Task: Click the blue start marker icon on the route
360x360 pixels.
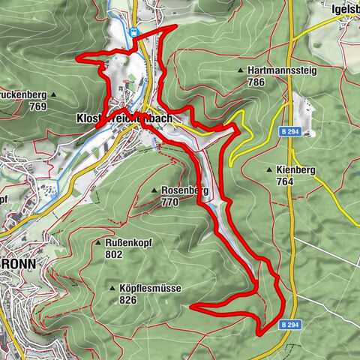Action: pyautogui.click(x=133, y=32)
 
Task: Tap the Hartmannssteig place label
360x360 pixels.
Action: pyautogui.click(x=283, y=71)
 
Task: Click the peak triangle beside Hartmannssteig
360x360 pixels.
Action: pyautogui.click(x=241, y=71)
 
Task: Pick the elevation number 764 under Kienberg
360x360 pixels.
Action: pyautogui.click(x=283, y=181)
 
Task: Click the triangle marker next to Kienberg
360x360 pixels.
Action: pyautogui.click(x=268, y=170)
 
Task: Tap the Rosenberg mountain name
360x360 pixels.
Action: pyautogui.click(x=184, y=190)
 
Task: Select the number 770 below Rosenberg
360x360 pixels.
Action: pyautogui.click(x=169, y=202)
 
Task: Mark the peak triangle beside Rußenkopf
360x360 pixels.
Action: pyautogui.click(x=98, y=243)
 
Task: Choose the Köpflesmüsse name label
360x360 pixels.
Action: pyautogui.click(x=150, y=288)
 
